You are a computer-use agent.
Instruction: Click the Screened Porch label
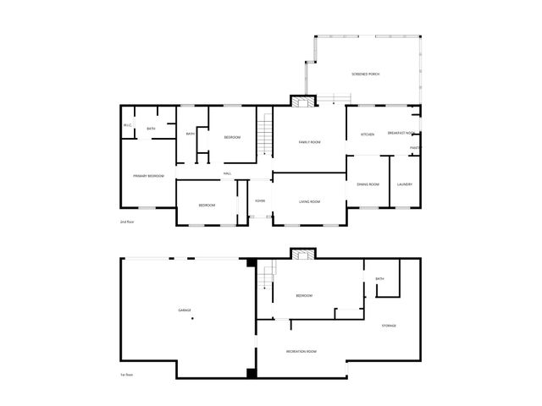click(366, 74)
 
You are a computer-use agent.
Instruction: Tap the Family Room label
click(309, 142)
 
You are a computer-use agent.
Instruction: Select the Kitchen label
click(368, 134)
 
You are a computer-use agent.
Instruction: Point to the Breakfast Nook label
click(400, 134)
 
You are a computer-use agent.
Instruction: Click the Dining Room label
click(368, 184)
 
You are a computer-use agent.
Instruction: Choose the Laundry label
click(404, 184)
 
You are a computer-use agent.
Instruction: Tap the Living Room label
click(309, 201)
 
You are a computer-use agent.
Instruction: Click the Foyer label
click(260, 201)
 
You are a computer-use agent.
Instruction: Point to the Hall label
click(227, 174)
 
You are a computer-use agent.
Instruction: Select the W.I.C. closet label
click(127, 126)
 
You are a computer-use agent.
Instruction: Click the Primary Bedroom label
click(148, 176)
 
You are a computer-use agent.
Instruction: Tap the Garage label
click(184, 310)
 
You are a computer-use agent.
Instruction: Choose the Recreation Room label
click(301, 351)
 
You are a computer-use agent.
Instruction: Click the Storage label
click(389, 326)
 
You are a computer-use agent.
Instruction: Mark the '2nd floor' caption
click(128, 221)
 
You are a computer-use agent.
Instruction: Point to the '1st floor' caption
click(127, 374)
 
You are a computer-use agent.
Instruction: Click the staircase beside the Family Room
click(265, 134)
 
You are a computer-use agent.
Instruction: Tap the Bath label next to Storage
click(380, 279)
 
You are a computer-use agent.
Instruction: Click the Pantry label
click(416, 149)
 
